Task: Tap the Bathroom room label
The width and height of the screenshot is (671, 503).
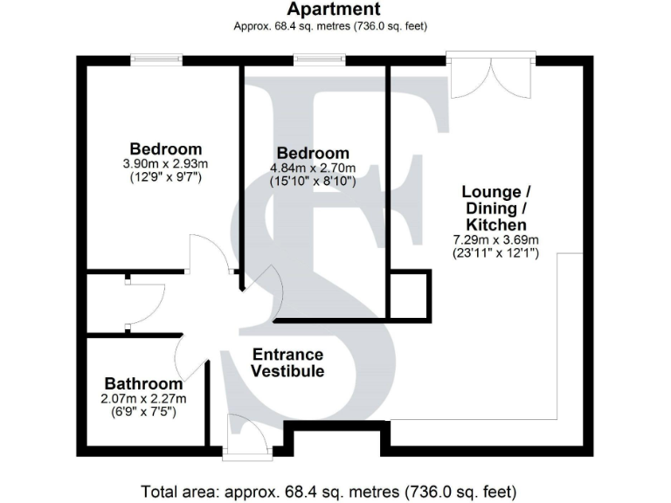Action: [x=144, y=383]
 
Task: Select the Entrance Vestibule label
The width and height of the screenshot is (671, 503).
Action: [x=287, y=362]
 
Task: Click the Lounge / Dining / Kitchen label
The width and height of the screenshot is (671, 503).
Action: [x=495, y=208]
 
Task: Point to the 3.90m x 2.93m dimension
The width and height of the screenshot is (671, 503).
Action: [x=166, y=163]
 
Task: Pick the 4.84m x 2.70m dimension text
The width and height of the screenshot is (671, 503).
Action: [x=312, y=168]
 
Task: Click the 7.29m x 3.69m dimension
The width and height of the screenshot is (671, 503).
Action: [x=495, y=240]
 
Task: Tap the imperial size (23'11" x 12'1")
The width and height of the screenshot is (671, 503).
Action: [x=495, y=253]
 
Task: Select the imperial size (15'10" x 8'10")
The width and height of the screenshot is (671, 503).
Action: [x=312, y=181]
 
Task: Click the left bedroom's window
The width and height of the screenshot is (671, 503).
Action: [x=156, y=59]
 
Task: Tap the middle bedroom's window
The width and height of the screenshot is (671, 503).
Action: [x=319, y=59]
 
